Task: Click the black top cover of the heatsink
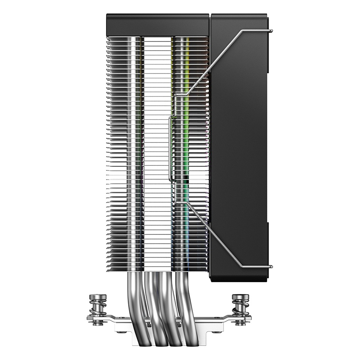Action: pyautogui.click(x=157, y=25)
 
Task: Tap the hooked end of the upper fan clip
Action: pyautogui.click(x=271, y=30)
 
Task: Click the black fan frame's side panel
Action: pyautogui.click(x=240, y=150)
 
